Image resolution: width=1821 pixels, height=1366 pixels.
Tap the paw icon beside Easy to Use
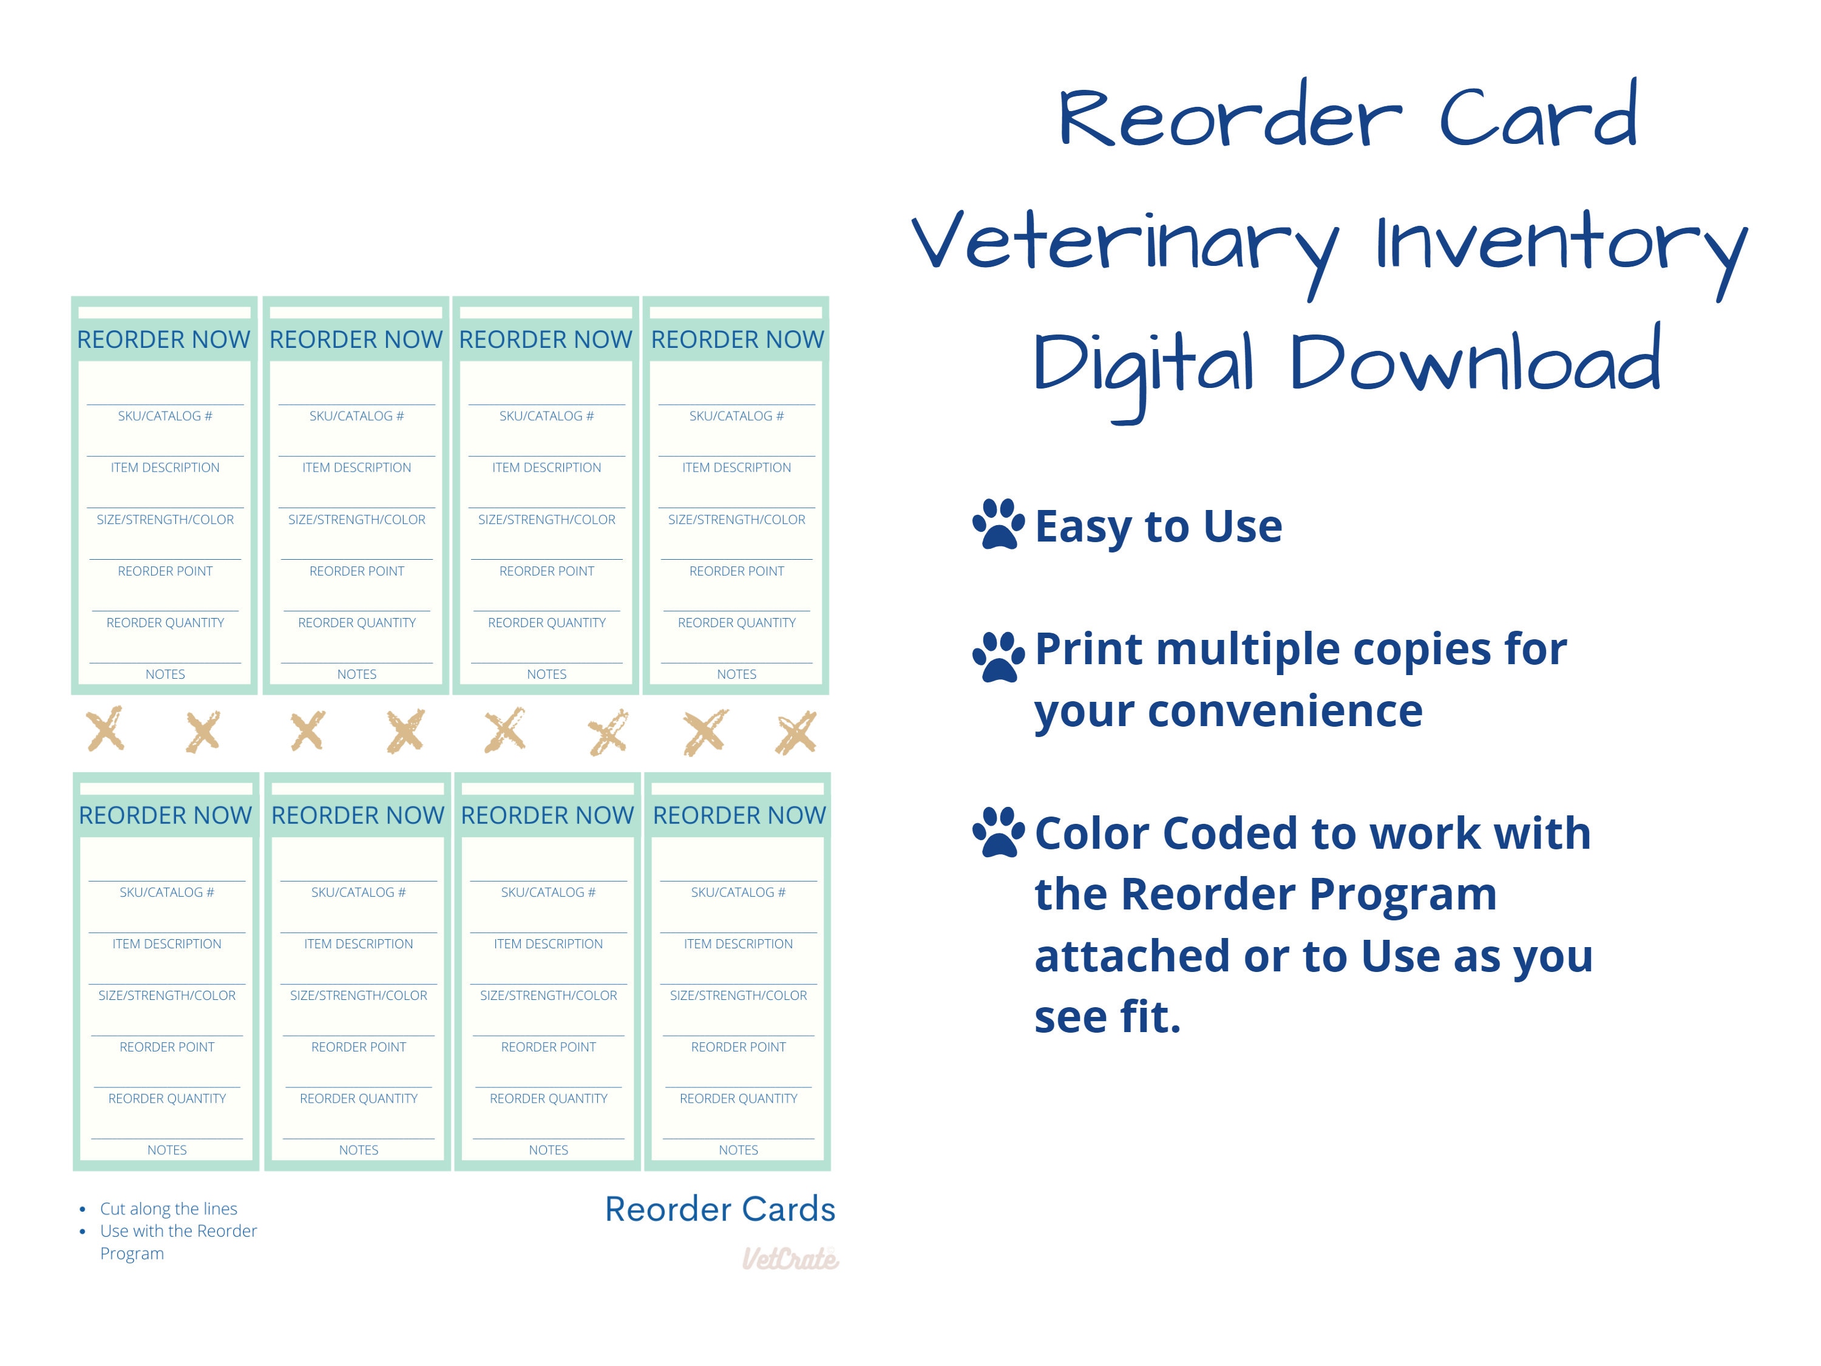click(x=998, y=524)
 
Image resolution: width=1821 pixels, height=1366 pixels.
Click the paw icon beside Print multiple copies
click(x=998, y=656)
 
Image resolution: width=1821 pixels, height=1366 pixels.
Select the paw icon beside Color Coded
click(x=998, y=832)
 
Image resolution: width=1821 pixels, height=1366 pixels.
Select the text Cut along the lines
click(x=169, y=1209)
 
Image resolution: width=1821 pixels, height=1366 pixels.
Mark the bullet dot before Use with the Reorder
click(x=83, y=1232)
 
